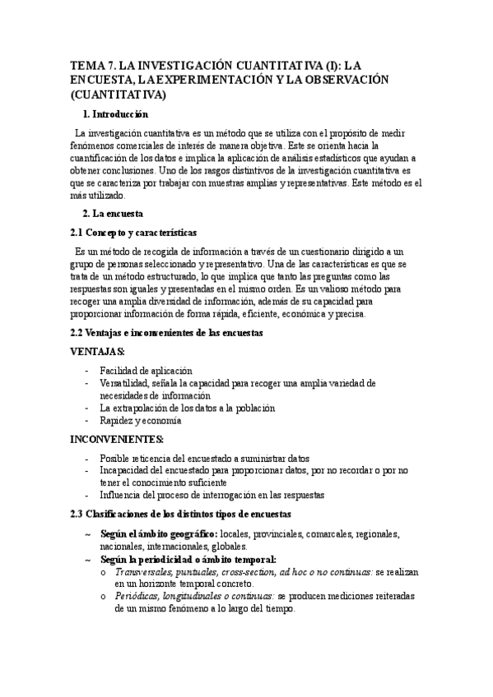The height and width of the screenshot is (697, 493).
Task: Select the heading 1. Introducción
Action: (116, 113)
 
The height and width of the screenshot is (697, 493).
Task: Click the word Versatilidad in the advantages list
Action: (124, 383)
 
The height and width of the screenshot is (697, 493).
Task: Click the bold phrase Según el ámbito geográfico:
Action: (160, 534)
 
